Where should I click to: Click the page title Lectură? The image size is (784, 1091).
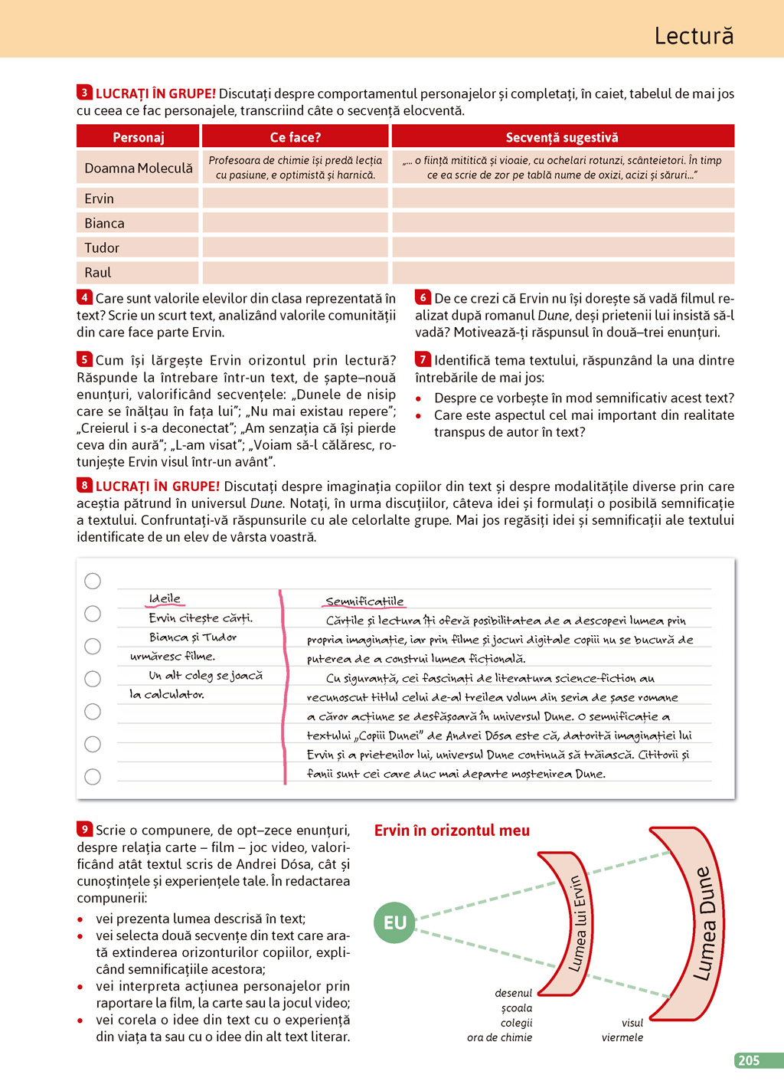pyautogui.click(x=694, y=36)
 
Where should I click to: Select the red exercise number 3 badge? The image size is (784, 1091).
pyautogui.click(x=84, y=93)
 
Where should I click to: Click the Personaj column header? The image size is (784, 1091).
pyautogui.click(x=138, y=137)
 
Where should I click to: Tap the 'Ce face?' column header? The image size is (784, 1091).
pyautogui.click(x=295, y=137)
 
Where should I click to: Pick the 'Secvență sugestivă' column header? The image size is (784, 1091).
pyautogui.click(x=562, y=137)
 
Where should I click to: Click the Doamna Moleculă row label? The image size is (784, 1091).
pyautogui.click(x=138, y=168)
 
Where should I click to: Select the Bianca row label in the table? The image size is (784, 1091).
pyautogui.click(x=104, y=223)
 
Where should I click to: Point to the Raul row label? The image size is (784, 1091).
pyautogui.click(x=98, y=272)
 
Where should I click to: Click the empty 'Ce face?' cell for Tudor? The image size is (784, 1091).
pyautogui.click(x=295, y=247)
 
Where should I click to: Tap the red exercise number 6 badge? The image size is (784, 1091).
pyautogui.click(x=423, y=297)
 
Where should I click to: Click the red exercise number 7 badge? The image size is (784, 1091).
pyautogui.click(x=423, y=359)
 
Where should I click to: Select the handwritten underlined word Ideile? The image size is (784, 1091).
pyautogui.click(x=165, y=598)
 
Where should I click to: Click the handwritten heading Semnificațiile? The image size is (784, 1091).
pyautogui.click(x=364, y=601)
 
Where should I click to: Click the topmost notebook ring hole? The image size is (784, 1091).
pyautogui.click(x=93, y=581)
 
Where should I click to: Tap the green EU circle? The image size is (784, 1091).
pyautogui.click(x=395, y=922)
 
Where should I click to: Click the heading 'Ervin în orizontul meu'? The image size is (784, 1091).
pyautogui.click(x=452, y=831)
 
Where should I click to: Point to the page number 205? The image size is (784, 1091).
pyautogui.click(x=749, y=1060)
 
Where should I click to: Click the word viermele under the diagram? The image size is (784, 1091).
pyautogui.click(x=622, y=1037)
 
